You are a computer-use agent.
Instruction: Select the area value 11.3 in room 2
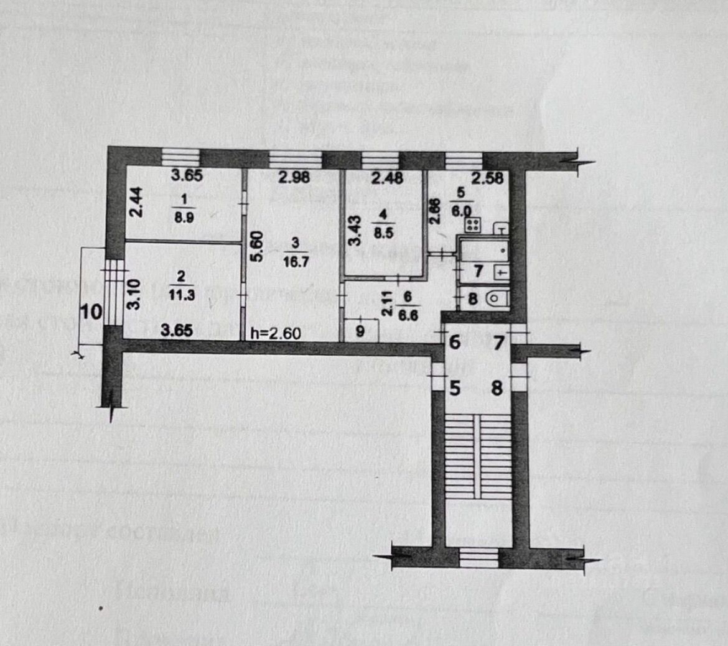(x=185, y=295)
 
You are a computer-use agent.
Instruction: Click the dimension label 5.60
(x=258, y=247)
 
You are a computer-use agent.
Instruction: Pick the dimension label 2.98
(x=294, y=178)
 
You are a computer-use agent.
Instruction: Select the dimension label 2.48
(x=386, y=178)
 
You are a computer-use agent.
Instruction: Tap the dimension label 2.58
(x=487, y=178)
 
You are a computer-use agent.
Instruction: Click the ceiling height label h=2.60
(x=275, y=333)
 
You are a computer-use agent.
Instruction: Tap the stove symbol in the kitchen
(x=472, y=224)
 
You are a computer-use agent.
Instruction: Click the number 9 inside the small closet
(x=360, y=331)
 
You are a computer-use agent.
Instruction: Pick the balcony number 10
(x=91, y=311)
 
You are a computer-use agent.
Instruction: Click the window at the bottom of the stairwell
(x=478, y=556)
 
